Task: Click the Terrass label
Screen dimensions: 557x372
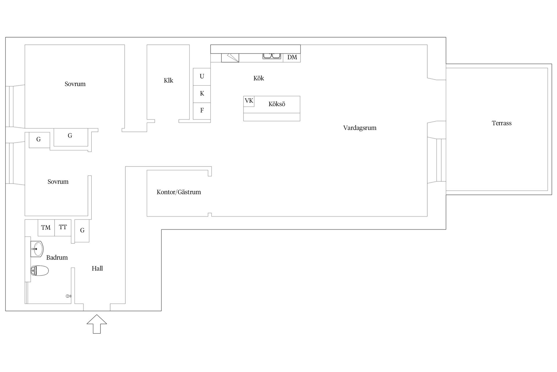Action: point(502,123)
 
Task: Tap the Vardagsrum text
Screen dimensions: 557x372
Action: point(360,128)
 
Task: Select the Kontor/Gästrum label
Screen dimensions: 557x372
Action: point(179,192)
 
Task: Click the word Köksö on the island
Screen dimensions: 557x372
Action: point(277,104)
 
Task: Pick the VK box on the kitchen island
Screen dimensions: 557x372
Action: point(249,101)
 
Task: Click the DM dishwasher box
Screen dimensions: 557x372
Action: point(292,57)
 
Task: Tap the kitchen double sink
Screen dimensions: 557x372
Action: point(272,56)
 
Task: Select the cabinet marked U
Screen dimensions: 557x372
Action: point(202,77)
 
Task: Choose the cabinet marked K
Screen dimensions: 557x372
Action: point(202,94)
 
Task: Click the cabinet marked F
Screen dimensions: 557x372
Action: point(202,111)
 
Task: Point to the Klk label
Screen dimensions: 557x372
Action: point(168,81)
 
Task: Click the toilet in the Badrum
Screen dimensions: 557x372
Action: point(39,271)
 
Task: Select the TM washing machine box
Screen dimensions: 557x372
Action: point(46,228)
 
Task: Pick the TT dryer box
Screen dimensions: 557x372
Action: point(63,228)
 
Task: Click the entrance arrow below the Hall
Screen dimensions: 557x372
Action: point(97,324)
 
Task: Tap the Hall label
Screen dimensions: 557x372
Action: point(97,269)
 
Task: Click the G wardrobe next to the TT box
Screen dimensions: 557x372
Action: point(82,231)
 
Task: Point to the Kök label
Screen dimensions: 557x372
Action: point(259,78)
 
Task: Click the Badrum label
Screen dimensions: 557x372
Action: point(57,257)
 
